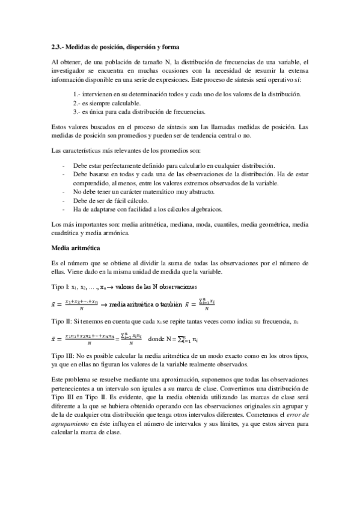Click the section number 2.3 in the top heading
[58, 47]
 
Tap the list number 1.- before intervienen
[76, 94]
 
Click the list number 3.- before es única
[76, 111]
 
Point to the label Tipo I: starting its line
[59, 286]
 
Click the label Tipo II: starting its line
[61, 323]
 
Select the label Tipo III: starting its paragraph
[62, 356]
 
